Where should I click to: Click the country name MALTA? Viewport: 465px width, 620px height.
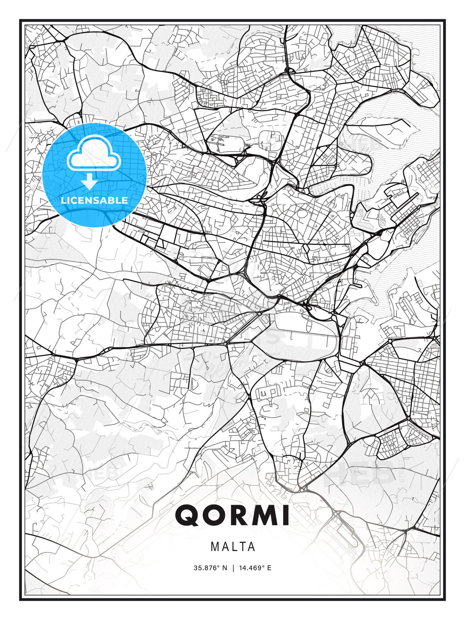(x=232, y=547)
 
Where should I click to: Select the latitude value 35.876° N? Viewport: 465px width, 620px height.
(x=210, y=568)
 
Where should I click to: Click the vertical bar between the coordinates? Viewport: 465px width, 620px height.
(x=233, y=568)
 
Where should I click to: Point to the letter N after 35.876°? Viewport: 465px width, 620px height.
(x=224, y=568)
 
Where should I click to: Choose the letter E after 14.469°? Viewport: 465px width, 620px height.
(x=269, y=568)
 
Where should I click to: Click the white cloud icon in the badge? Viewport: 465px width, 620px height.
(x=93, y=154)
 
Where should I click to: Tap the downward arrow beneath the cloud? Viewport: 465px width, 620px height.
(x=90, y=182)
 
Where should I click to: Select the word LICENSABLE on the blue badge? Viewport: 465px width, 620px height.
(x=94, y=200)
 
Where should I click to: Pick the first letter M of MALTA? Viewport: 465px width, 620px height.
(x=214, y=547)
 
